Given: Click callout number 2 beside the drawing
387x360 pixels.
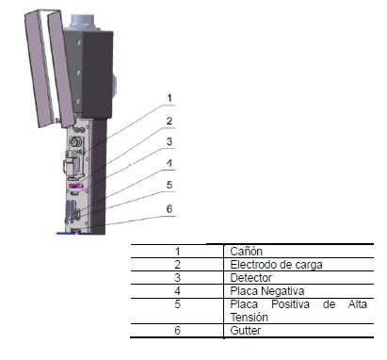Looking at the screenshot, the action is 169,121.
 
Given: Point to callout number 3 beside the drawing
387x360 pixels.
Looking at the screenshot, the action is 169,141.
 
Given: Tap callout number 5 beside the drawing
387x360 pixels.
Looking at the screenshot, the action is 169,185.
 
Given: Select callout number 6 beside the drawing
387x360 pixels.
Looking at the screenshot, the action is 169,208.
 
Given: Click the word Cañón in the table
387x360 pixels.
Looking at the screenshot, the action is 246,252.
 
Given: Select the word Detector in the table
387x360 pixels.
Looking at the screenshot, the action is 250,278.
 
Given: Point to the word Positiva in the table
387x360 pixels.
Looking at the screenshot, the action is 290,304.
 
